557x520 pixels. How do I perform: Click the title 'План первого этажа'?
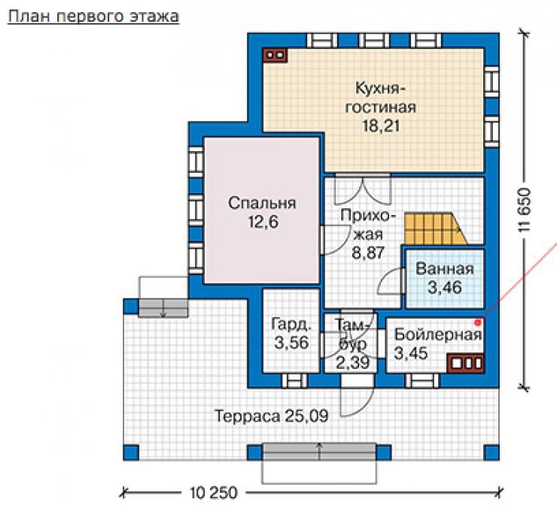pyautogui.click(x=93, y=17)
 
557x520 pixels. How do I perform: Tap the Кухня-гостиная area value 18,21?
pyautogui.click(x=381, y=126)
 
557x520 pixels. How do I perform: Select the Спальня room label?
pyautogui.click(x=262, y=203)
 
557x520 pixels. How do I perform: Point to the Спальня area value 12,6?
pyautogui.click(x=263, y=222)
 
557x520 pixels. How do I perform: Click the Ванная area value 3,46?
pyautogui.click(x=444, y=287)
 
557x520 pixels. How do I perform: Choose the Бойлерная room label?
pyautogui.click(x=438, y=334)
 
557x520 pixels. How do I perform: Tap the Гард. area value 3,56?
pyautogui.click(x=291, y=343)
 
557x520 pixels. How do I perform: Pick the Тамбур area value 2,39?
pyautogui.click(x=353, y=362)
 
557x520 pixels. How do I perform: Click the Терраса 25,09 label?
pyautogui.click(x=272, y=416)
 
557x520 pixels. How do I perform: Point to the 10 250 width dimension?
pyautogui.click(x=214, y=493)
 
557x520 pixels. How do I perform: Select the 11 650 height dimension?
pyautogui.click(x=525, y=210)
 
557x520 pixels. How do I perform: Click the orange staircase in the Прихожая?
pyautogui.click(x=436, y=228)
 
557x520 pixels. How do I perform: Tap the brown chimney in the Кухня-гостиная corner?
pyautogui.click(x=275, y=55)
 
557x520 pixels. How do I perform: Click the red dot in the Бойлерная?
pyautogui.click(x=478, y=322)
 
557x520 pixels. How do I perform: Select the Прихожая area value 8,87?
pyautogui.click(x=368, y=253)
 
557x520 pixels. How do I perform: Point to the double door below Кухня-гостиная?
pyautogui.click(x=363, y=189)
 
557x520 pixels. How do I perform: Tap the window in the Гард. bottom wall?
pyautogui.click(x=294, y=380)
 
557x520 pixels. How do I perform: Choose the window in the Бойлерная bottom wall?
pyautogui.click(x=422, y=380)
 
